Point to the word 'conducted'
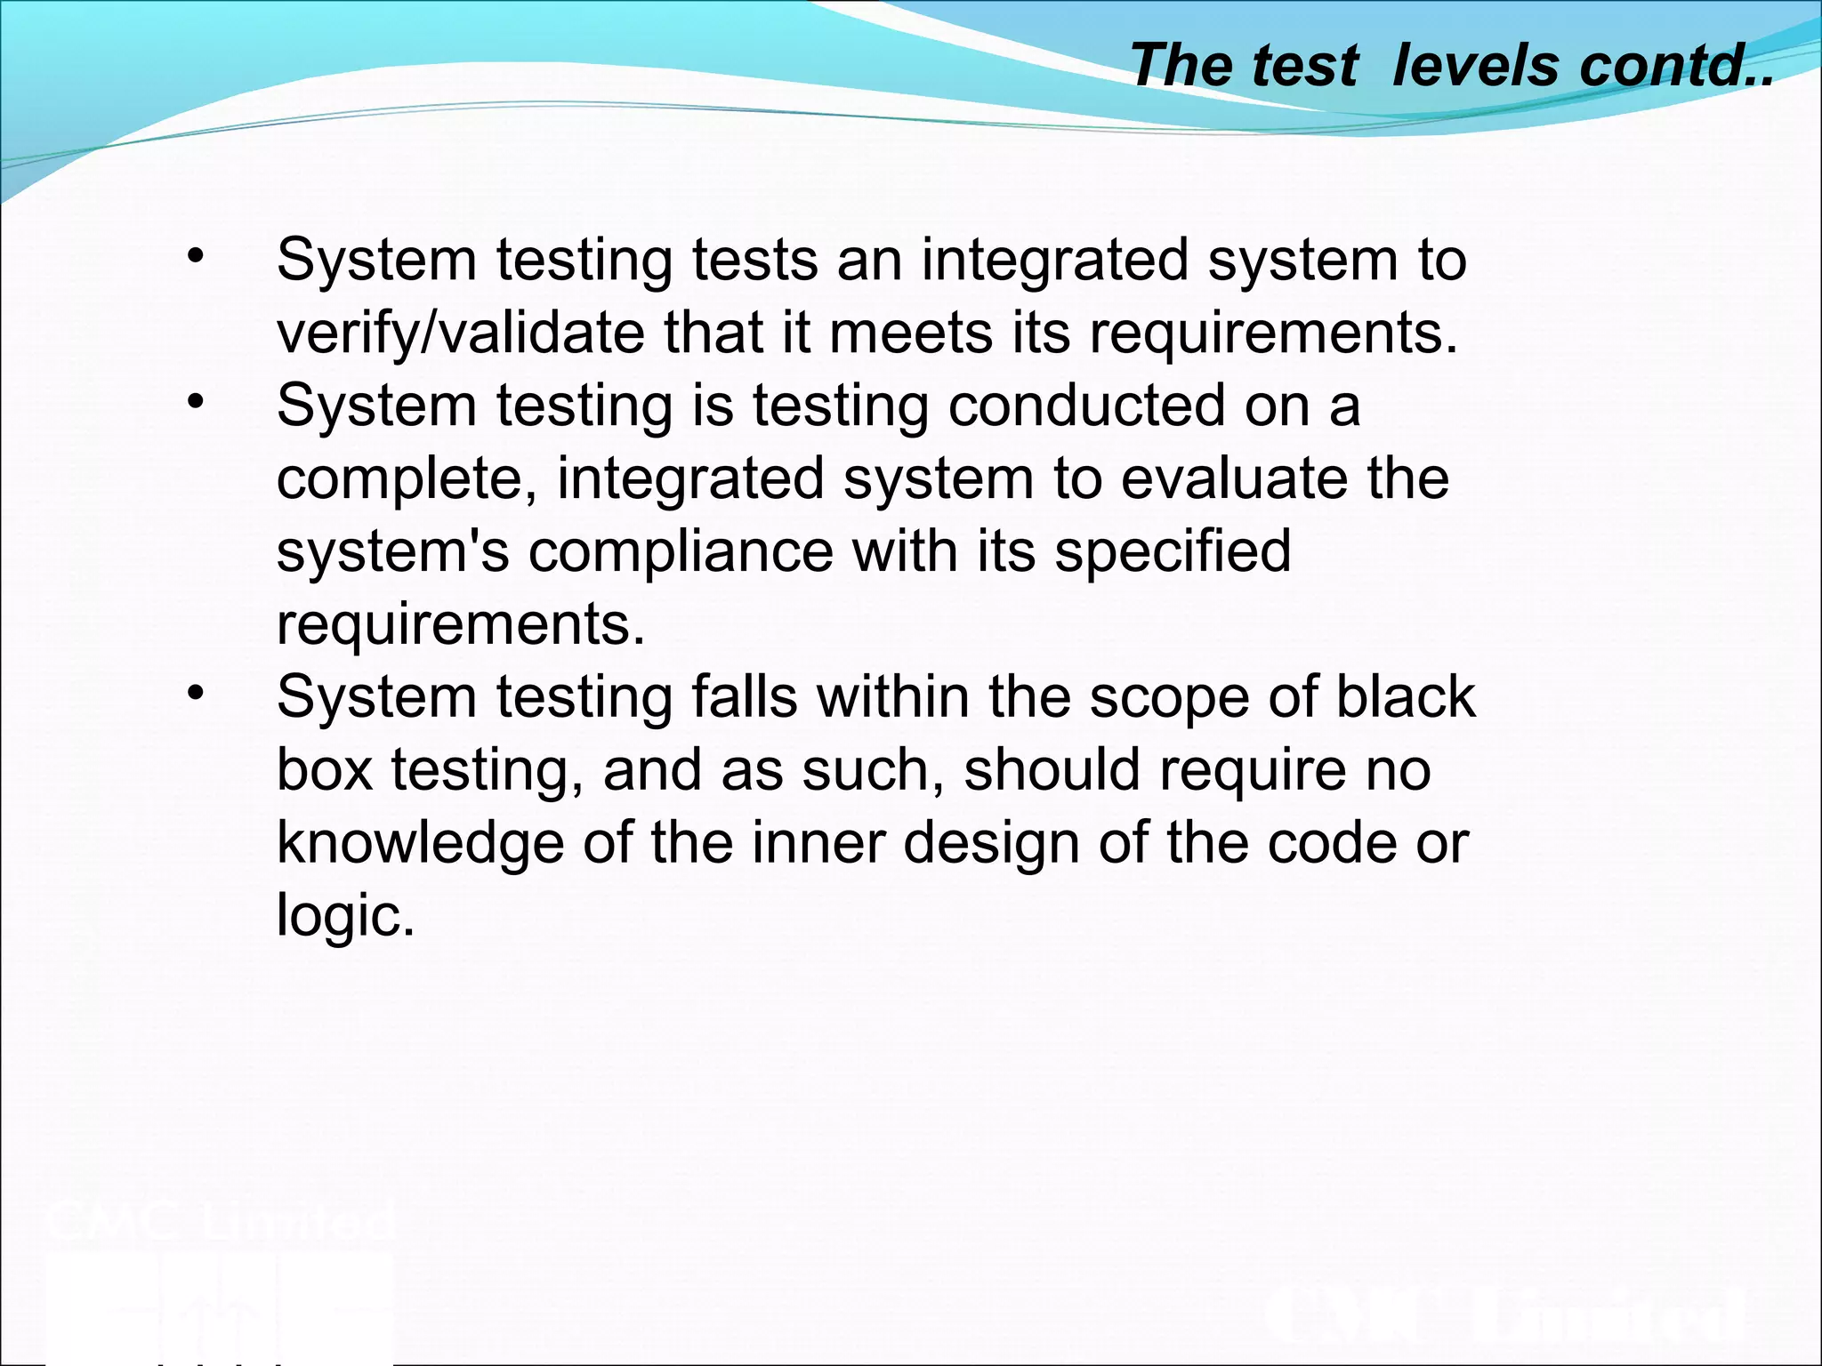[1086, 406]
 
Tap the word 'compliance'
[681, 552]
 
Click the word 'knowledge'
[420, 844]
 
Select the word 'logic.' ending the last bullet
[345, 916]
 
